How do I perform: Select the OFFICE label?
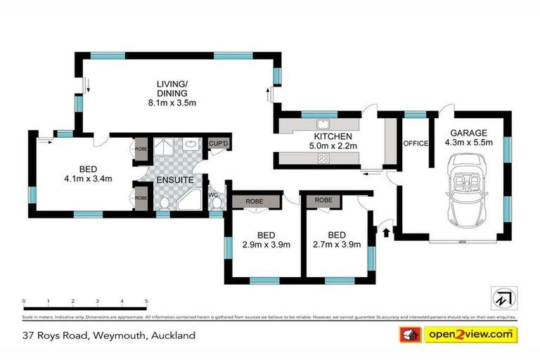coord(416,143)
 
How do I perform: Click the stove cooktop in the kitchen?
coord(325,159)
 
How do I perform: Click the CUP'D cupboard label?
coord(219,143)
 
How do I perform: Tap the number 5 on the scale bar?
coord(146,301)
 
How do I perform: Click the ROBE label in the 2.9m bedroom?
coord(255,201)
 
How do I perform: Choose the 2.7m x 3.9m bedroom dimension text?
coord(336,245)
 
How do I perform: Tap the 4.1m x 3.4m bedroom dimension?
coord(88,179)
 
